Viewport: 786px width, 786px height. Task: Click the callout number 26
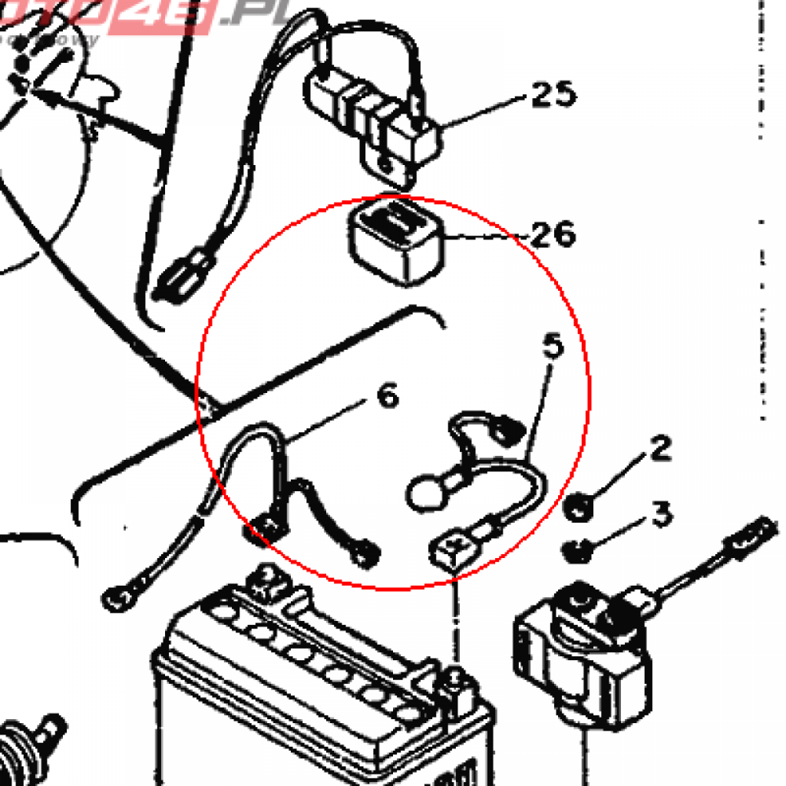click(x=552, y=234)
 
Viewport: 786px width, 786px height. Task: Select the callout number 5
click(x=553, y=347)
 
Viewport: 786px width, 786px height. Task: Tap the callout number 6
click(x=388, y=397)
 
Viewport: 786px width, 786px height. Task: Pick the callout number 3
click(x=662, y=514)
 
